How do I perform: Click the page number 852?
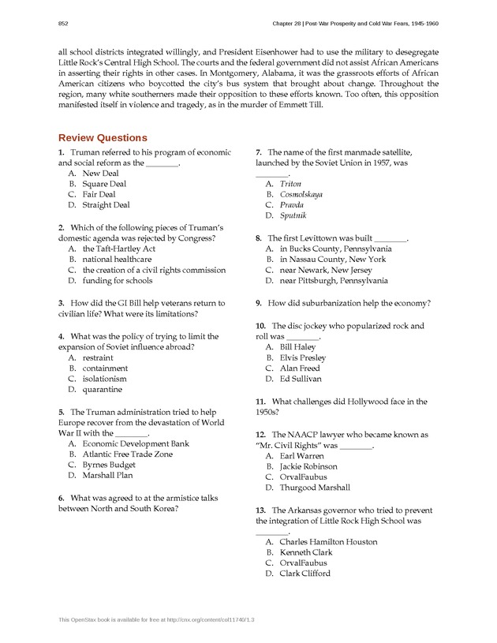[63, 24]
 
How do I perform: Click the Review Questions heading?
[103, 137]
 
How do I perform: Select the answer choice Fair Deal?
[99, 194]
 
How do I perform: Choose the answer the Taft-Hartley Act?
[118, 249]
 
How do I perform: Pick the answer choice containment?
[105, 368]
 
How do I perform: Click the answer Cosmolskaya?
[301, 194]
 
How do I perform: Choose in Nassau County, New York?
[333, 259]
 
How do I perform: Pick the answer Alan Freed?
[300, 368]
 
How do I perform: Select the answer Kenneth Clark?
[306, 552]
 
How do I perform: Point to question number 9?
[259, 303]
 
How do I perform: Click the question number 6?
[62, 498]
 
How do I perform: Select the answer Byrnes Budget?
[109, 465]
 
